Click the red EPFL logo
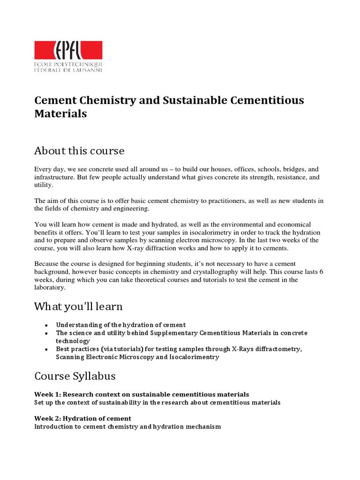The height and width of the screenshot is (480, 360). (68, 50)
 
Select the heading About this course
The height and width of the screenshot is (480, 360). (79, 151)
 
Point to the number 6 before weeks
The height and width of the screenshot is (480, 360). (321, 272)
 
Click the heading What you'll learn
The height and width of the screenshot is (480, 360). (78, 307)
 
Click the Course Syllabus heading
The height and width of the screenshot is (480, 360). (75, 376)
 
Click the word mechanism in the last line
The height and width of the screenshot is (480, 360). (201, 427)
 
